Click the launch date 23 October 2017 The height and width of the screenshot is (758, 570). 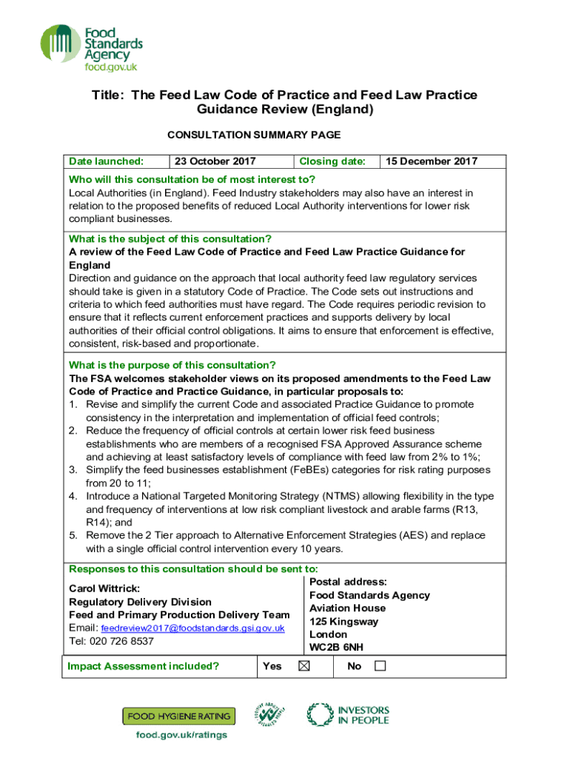coord(215,161)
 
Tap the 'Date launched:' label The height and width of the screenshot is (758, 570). coord(106,161)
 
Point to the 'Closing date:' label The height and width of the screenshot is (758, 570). coord(332,161)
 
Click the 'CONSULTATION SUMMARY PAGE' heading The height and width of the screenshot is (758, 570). coord(254,135)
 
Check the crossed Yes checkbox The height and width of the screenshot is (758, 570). coord(304,666)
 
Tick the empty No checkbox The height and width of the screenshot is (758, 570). coord(380,666)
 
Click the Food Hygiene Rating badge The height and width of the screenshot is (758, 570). coord(178,716)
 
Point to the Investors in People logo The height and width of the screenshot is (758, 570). coord(348,714)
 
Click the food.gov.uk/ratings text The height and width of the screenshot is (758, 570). coord(181,735)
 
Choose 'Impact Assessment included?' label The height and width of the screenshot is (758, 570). coord(144,666)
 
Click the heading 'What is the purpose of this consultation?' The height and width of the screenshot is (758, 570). coord(172,365)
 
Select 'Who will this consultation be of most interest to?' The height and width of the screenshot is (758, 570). coord(192,179)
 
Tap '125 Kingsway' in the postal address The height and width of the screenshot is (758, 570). coord(343,622)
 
